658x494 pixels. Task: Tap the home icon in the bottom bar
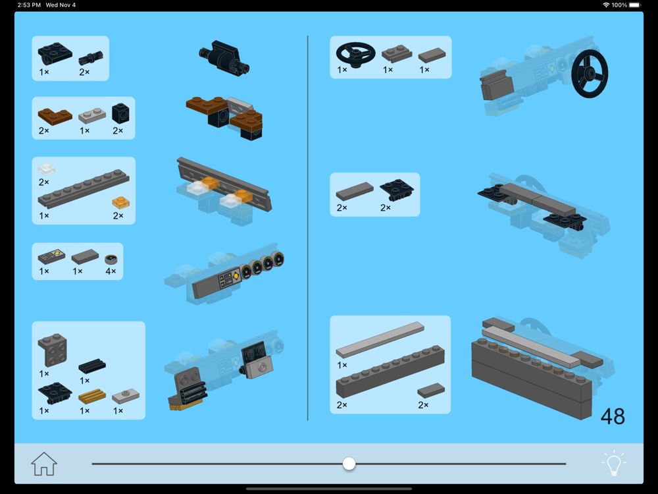(x=43, y=464)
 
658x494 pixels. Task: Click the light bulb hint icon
(x=613, y=463)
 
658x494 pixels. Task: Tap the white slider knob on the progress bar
(x=349, y=464)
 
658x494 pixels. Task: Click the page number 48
(x=613, y=416)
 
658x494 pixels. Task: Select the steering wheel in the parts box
(x=355, y=54)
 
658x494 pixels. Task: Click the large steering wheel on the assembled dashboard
(x=589, y=74)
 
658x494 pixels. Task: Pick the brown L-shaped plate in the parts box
(x=55, y=116)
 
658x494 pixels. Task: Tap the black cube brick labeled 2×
(x=120, y=113)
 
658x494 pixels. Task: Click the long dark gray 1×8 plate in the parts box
(x=84, y=188)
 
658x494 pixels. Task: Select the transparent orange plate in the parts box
(x=121, y=202)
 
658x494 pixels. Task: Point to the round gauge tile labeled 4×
(x=111, y=259)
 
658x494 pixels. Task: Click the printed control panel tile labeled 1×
(x=51, y=256)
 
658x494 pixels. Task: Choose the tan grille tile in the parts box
(x=92, y=396)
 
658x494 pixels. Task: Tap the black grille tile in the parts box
(x=92, y=366)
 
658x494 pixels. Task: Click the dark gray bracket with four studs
(x=53, y=350)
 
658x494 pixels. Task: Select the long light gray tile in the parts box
(x=380, y=339)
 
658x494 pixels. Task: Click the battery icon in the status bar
(x=634, y=5)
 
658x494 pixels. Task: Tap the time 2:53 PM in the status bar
(x=29, y=5)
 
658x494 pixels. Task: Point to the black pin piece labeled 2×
(x=91, y=58)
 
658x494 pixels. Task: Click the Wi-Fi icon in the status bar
(x=606, y=5)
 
